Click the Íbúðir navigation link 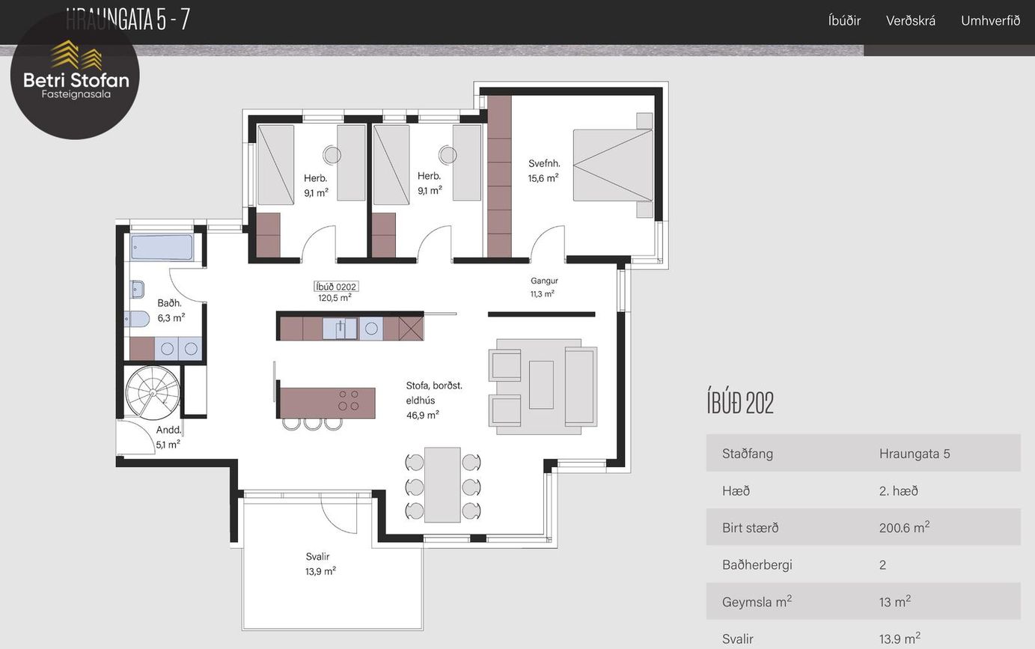click(x=844, y=21)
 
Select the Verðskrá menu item click(x=910, y=21)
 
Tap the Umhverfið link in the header click(x=990, y=21)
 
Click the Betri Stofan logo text click(x=76, y=80)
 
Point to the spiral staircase click(x=153, y=392)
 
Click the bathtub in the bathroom click(x=162, y=247)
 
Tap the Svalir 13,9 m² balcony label click(x=320, y=564)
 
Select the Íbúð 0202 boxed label click(x=336, y=287)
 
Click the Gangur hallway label click(x=544, y=281)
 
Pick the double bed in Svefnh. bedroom click(x=613, y=165)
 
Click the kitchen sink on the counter click(x=340, y=329)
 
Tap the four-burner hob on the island click(x=349, y=400)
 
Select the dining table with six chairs click(x=442, y=485)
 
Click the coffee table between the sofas click(x=541, y=385)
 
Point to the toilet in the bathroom click(x=137, y=319)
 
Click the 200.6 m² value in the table click(x=904, y=527)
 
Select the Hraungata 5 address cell click(x=915, y=454)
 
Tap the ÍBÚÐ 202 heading click(x=740, y=403)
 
